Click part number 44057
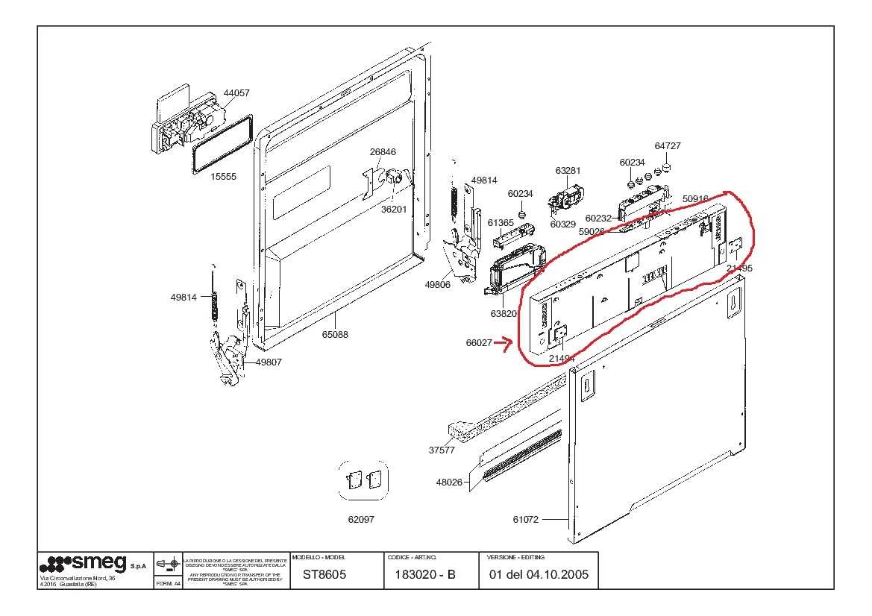click(x=236, y=93)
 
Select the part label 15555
click(x=223, y=177)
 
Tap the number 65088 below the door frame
click(x=335, y=335)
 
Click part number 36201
click(x=394, y=210)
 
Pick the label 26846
click(x=383, y=152)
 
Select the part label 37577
click(x=442, y=450)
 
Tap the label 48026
click(x=449, y=483)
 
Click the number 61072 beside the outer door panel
click(x=525, y=520)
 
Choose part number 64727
click(x=668, y=146)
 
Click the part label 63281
click(x=568, y=171)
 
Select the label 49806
click(x=438, y=284)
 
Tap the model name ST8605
click(x=324, y=575)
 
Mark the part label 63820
click(x=504, y=314)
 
